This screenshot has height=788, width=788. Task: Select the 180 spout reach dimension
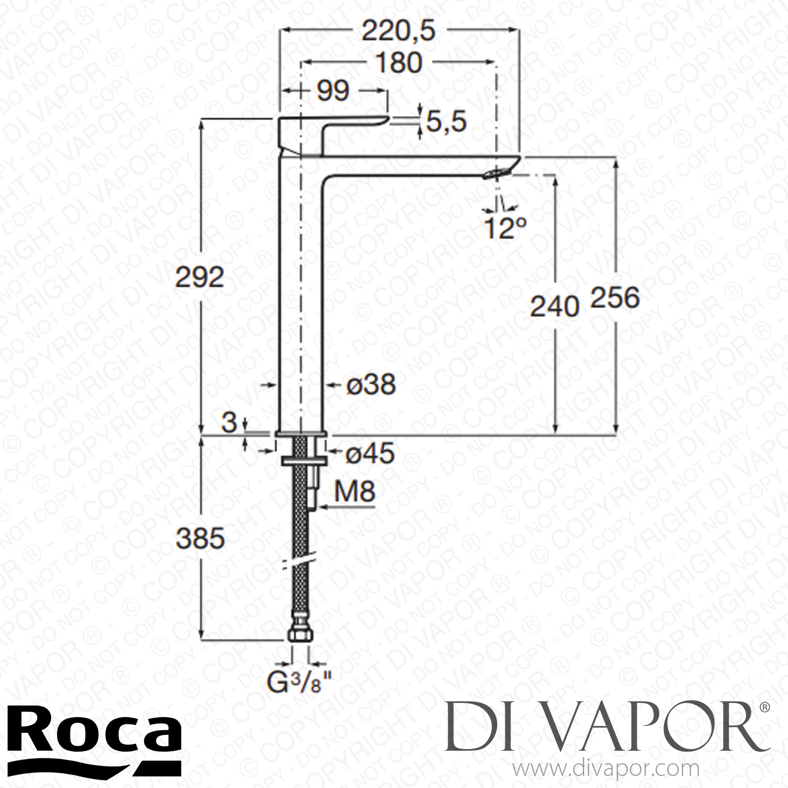tap(399, 63)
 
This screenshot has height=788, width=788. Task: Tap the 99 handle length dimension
tap(334, 91)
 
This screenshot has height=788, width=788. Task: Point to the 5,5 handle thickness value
tap(446, 122)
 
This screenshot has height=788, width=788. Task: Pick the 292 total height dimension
tap(199, 278)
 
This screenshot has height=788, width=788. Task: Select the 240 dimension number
tap(554, 306)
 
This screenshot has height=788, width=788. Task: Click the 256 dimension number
tap(615, 298)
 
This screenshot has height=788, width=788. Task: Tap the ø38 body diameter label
tap(371, 385)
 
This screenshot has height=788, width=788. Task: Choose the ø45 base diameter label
tap(370, 454)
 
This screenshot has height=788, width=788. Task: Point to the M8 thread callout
tap(356, 492)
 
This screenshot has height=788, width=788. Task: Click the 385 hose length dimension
tap(200, 538)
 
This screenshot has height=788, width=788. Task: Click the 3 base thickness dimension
tap(229, 423)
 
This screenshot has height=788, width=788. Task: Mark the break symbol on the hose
tap(300, 561)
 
